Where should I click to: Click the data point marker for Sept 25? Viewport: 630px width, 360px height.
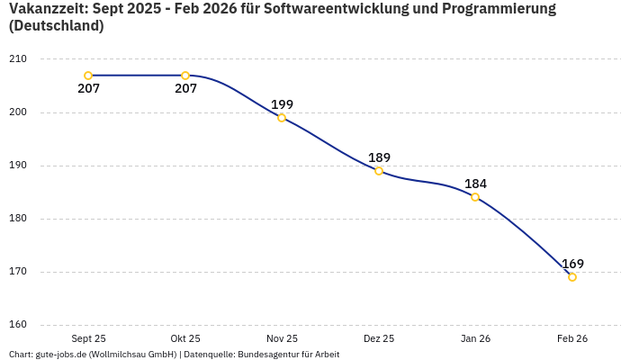coord(88,76)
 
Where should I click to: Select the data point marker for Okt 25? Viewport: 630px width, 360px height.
coord(185,76)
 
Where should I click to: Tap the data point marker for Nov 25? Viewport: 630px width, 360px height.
coord(282,118)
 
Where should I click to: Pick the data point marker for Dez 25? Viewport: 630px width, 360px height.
coord(379,171)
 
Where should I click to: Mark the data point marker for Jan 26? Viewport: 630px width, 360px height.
coord(475,197)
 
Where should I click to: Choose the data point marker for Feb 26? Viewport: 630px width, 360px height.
coord(572,277)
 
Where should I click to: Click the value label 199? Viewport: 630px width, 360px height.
coord(282,104)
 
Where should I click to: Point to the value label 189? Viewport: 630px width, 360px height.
coord(379,157)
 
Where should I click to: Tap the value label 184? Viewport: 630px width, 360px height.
coord(475,184)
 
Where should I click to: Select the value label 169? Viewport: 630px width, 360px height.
coord(572,264)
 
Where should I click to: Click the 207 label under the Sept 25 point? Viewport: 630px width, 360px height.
coord(88,89)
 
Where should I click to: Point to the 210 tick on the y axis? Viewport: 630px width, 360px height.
coord(18,59)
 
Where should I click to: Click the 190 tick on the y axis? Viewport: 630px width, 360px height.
coord(18,166)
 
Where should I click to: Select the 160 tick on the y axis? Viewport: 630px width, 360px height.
coord(18,325)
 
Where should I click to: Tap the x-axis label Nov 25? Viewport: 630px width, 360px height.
coord(282,338)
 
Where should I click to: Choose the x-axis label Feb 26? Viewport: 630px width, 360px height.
coord(572,338)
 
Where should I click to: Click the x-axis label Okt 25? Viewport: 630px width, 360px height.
coord(185,338)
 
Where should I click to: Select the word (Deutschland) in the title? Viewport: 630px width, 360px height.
coord(56,26)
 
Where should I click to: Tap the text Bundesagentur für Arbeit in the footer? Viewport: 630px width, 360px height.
coord(288,354)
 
